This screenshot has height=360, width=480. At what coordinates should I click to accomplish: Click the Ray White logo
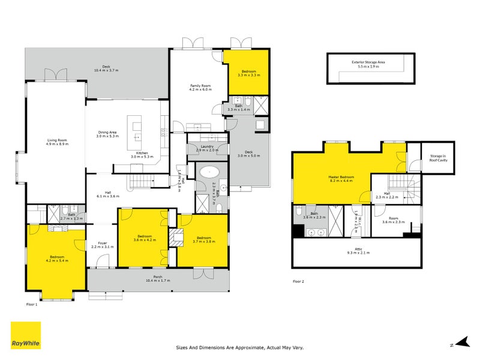click(26, 336)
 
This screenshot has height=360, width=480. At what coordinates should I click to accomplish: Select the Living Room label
click(58, 143)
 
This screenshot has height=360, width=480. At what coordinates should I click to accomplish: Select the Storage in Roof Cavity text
click(437, 158)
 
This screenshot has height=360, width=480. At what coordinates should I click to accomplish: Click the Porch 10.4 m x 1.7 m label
click(158, 279)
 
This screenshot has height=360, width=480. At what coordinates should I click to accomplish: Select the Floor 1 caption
click(32, 305)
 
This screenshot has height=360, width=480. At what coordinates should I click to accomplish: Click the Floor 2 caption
click(299, 281)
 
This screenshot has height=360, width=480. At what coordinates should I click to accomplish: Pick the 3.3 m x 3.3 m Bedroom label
click(248, 73)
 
